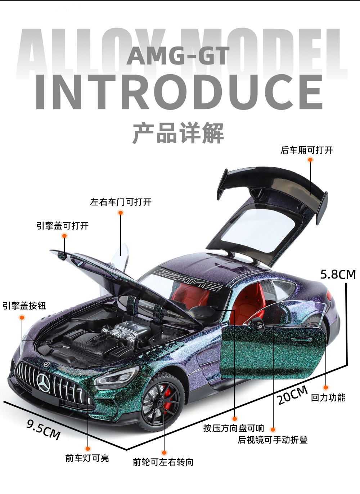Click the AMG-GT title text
coord(178,56)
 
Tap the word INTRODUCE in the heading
coord(179,92)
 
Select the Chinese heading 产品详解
coord(178,133)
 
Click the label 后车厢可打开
coord(307,150)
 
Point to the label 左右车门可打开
coord(121,202)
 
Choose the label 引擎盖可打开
coord(62,226)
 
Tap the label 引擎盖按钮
coord(24,306)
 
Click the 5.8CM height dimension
coord(338,275)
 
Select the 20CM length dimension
coord(292,395)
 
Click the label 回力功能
coord(328,397)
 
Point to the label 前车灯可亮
coord(87,458)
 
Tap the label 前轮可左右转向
coord(163,462)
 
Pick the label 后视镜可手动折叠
coord(273,440)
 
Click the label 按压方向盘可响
coord(234,428)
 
